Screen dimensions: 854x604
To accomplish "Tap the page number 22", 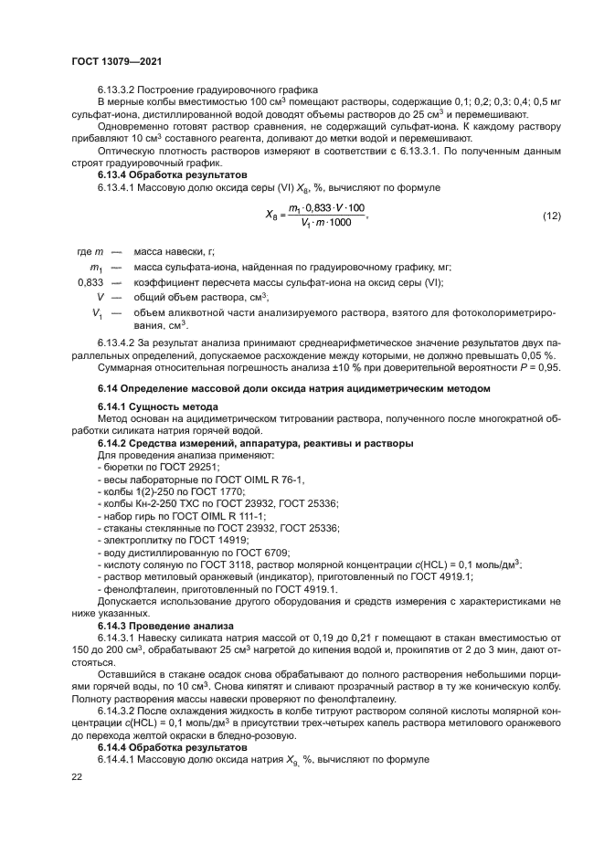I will point(77,776).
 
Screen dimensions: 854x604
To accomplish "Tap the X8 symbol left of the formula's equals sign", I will point(271,216).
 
